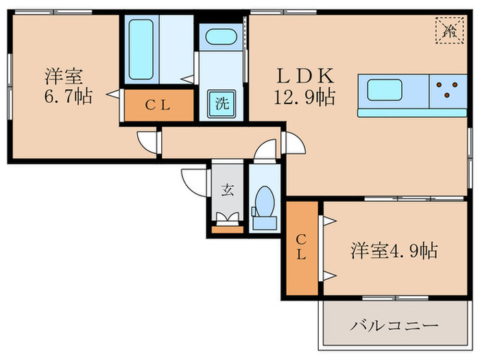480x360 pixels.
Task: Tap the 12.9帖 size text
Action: [x=305, y=98]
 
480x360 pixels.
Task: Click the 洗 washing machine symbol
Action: [x=222, y=104]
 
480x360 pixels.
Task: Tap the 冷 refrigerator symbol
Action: [x=450, y=29]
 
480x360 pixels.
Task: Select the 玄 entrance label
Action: [x=227, y=190]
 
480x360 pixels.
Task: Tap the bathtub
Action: [x=141, y=50]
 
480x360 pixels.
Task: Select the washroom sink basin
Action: [x=221, y=37]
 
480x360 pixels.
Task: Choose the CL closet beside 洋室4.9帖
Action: [x=301, y=249]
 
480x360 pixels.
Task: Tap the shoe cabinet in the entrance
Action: [x=227, y=229]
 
